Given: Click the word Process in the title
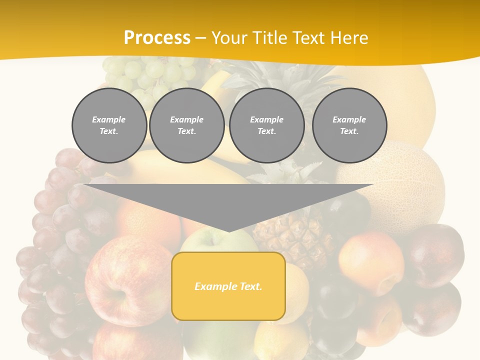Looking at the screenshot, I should [157, 38].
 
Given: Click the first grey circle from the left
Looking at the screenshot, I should [109, 125].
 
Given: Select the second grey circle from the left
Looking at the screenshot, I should [187, 125].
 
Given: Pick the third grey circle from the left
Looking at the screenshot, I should [266, 125].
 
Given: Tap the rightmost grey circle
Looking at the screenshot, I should [349, 125].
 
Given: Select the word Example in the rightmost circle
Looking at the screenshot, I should [349, 119].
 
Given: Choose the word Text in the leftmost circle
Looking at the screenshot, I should [108, 131].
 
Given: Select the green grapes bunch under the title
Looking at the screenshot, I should [150, 75].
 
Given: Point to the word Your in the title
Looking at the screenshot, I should [229, 38].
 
